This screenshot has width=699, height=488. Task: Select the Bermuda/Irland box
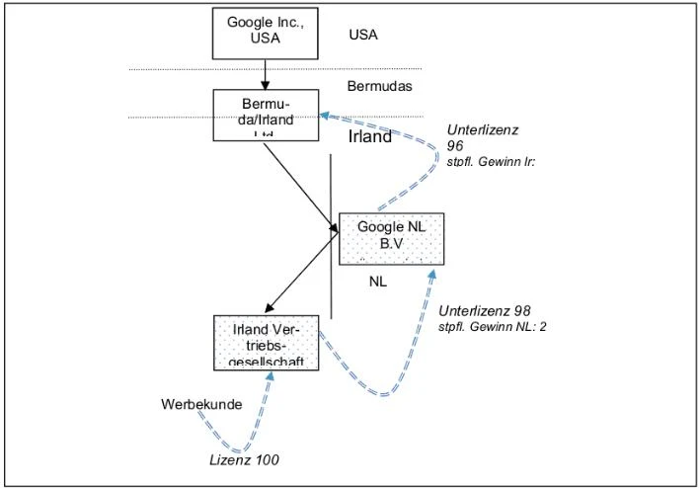pyautogui.click(x=267, y=114)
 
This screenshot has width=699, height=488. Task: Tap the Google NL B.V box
pyautogui.click(x=391, y=238)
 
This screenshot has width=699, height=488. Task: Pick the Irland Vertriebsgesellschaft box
pyautogui.click(x=267, y=342)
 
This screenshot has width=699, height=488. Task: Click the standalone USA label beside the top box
pyautogui.click(x=363, y=35)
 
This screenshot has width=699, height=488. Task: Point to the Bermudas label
pyautogui.click(x=379, y=86)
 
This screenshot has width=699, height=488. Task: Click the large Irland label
pyautogui.click(x=370, y=137)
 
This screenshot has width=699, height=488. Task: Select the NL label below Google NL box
pyautogui.click(x=378, y=282)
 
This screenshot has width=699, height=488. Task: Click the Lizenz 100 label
pyautogui.click(x=244, y=459)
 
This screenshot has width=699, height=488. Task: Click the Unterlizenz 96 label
pyautogui.click(x=483, y=137)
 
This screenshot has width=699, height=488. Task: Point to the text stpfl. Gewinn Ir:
pyautogui.click(x=491, y=162)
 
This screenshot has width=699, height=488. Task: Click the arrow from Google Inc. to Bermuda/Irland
pyautogui.click(x=267, y=73)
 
